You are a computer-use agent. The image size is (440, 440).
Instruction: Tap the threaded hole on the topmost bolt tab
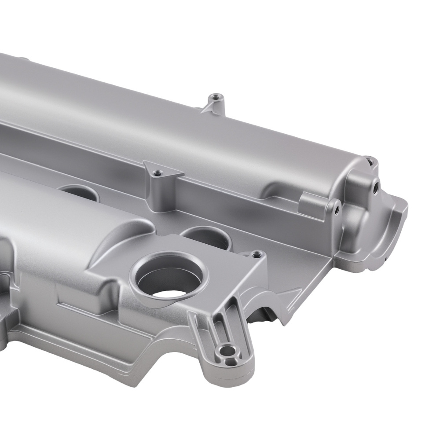215,96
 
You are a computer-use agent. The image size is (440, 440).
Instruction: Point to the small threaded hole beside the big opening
254,254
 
